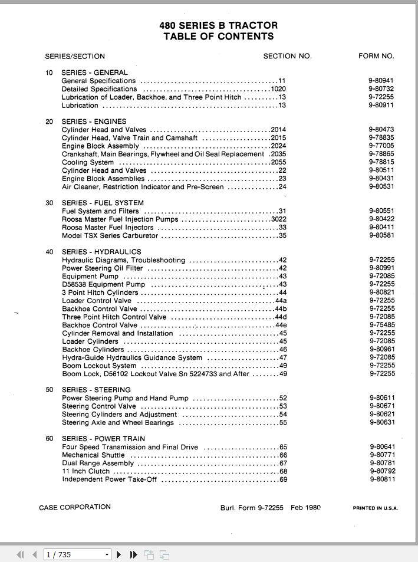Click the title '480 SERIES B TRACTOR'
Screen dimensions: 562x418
click(218, 25)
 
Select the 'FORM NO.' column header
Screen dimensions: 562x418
click(376, 57)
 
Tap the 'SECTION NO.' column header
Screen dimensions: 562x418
click(287, 57)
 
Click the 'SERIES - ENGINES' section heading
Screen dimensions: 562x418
click(94, 121)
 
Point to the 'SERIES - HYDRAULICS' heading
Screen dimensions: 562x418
click(101, 252)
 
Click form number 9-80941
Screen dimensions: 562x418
click(381, 81)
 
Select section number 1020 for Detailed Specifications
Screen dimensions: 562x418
click(278, 89)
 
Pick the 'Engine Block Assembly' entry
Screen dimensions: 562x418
click(100, 146)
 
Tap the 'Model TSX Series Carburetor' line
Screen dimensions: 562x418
click(110, 236)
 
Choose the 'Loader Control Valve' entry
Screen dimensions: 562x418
click(97, 301)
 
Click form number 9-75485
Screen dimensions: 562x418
click(381, 325)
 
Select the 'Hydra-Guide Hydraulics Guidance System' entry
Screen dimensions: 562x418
click(132, 357)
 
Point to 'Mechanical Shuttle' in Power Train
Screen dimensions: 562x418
click(93, 455)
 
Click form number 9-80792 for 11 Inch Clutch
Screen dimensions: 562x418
click(381, 471)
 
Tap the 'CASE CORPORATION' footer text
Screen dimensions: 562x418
click(75, 507)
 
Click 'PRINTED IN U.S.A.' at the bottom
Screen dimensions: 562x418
click(375, 508)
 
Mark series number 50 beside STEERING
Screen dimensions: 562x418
click(50, 390)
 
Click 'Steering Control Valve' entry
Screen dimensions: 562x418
click(99, 406)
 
